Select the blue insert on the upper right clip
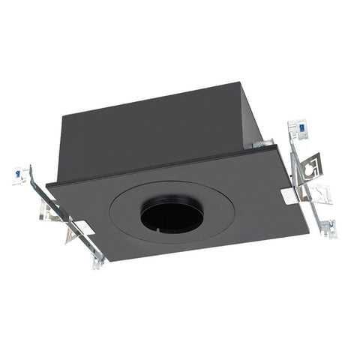[x=298, y=128]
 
